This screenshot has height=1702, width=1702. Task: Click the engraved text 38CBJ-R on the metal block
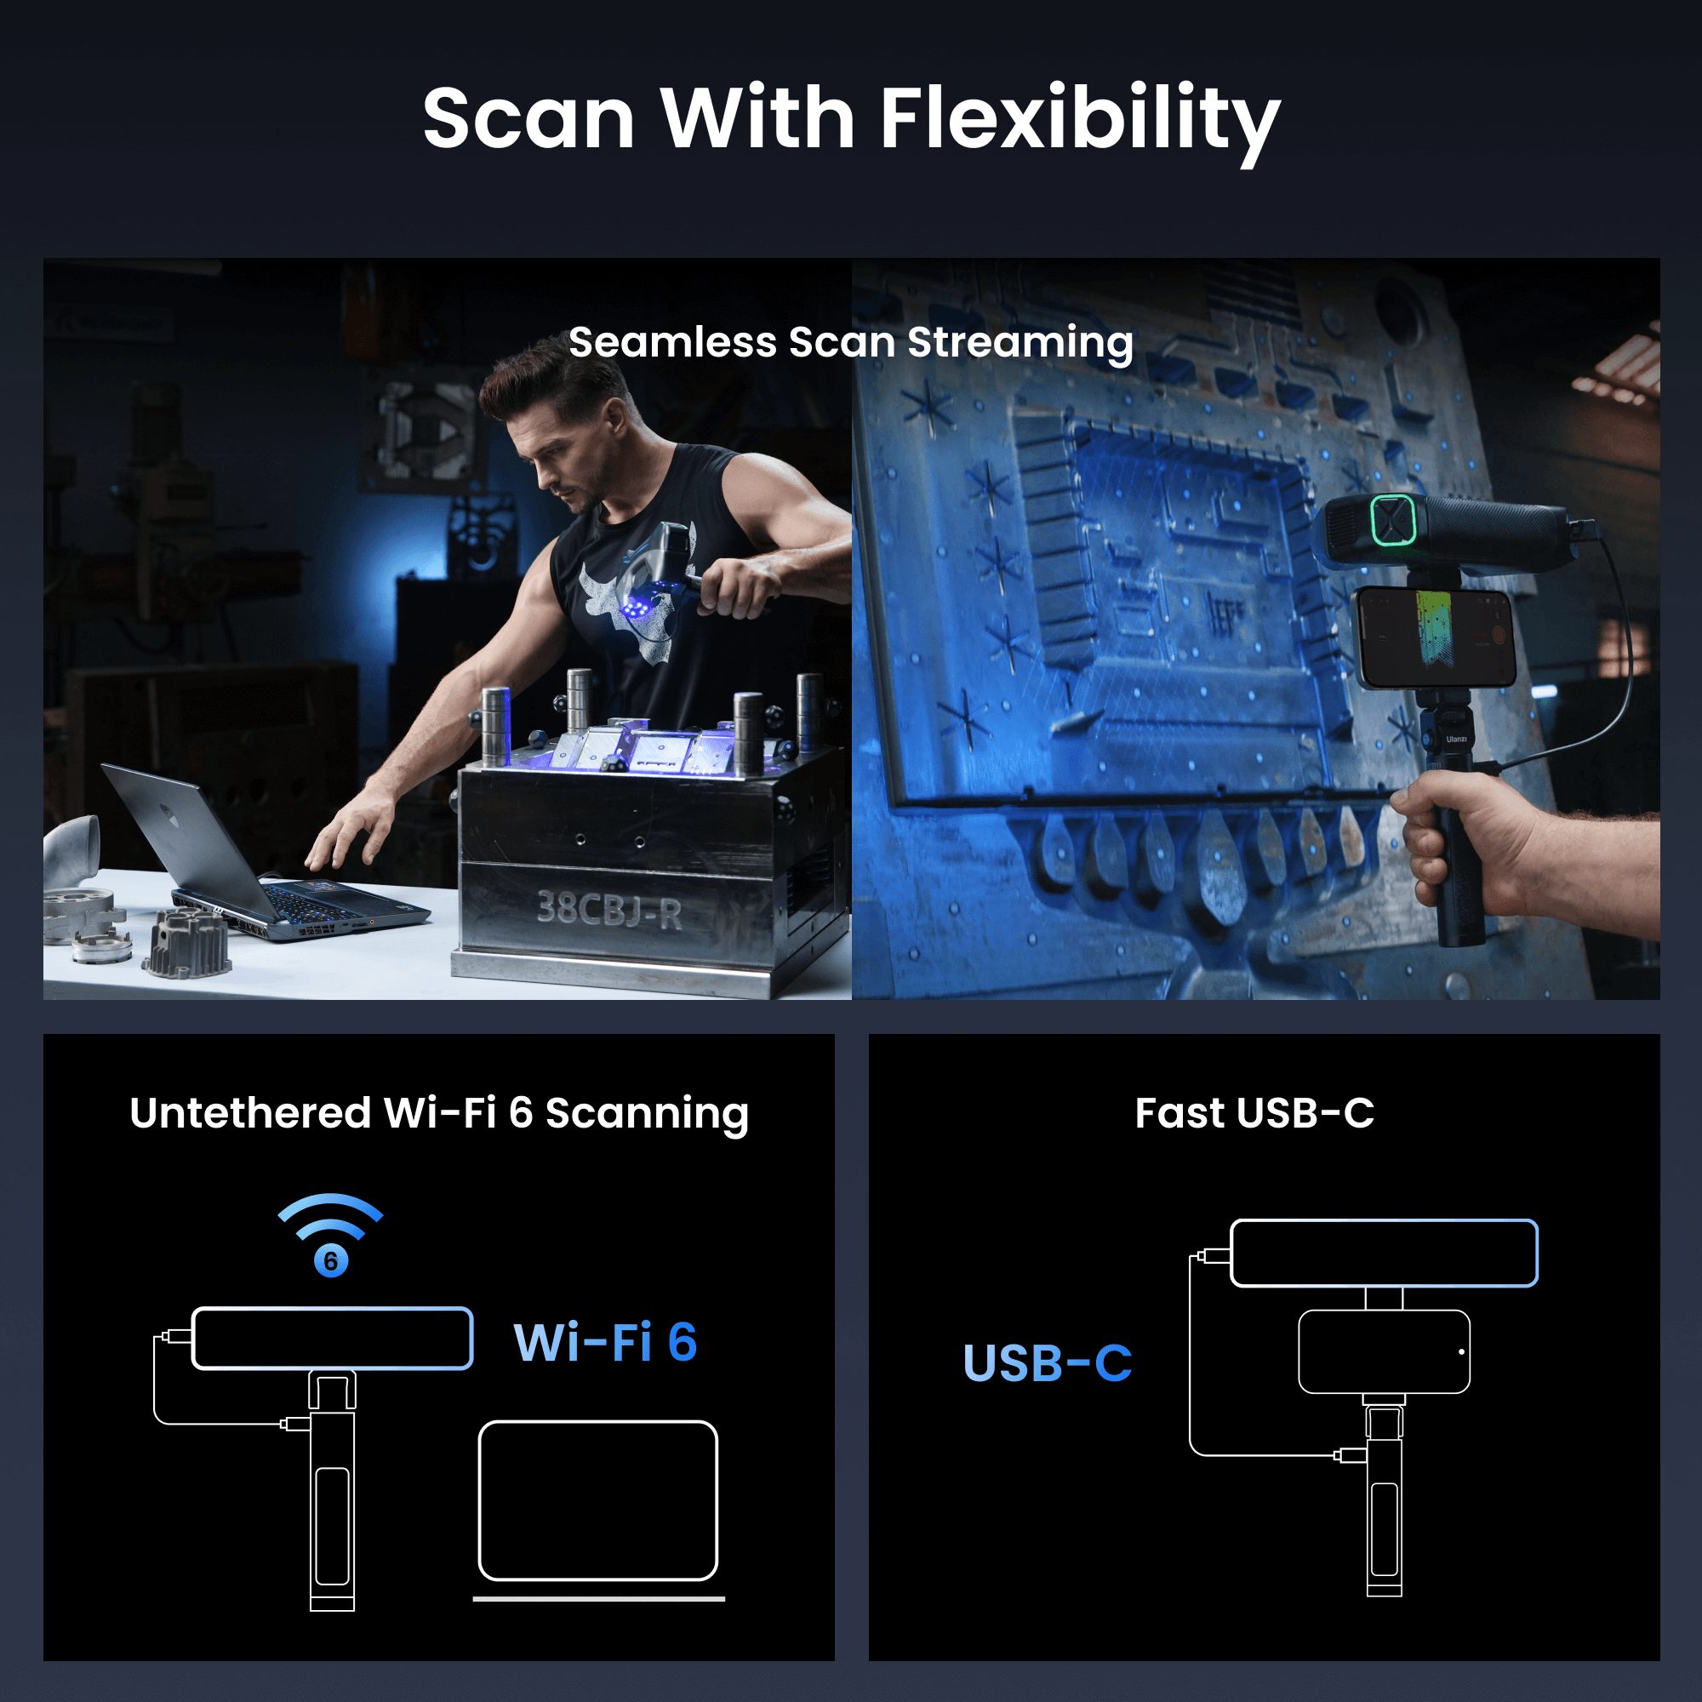[609, 909]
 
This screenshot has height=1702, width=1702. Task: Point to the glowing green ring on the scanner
[1392, 520]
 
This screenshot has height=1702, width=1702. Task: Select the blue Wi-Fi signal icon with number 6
[330, 1233]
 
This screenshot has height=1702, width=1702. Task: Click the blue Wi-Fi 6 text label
[605, 1343]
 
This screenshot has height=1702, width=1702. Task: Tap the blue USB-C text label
[1047, 1362]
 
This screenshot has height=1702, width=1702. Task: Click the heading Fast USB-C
[1254, 1112]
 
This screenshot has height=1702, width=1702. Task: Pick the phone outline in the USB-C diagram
[1384, 1351]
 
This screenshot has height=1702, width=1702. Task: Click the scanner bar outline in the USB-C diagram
[1384, 1254]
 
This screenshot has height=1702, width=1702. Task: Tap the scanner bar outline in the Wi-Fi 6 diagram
[332, 1338]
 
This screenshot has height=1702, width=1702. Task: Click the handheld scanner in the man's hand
[656, 573]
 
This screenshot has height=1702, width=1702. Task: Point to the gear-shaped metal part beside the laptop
[186, 945]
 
